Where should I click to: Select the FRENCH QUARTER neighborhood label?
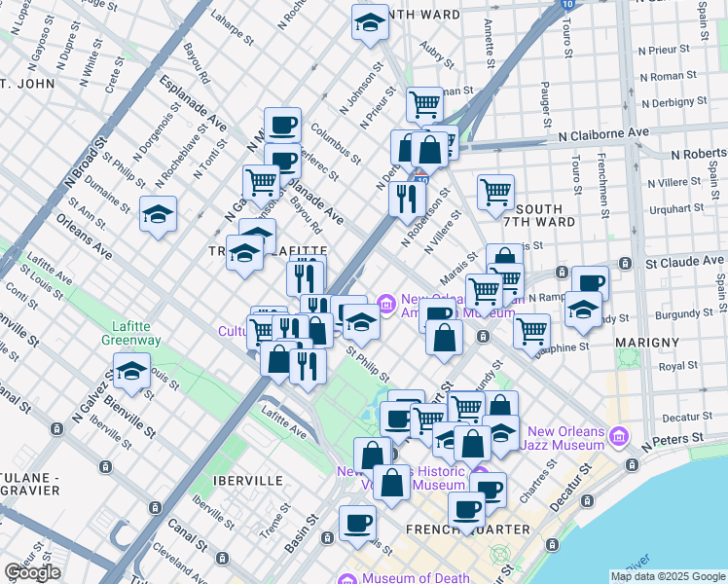[x=484, y=529]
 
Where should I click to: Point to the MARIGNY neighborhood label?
[x=645, y=343]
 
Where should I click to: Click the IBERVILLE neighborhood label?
[x=250, y=481]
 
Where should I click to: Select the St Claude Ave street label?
[x=685, y=261]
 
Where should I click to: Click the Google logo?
[x=32, y=572]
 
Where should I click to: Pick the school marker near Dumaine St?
[x=158, y=213]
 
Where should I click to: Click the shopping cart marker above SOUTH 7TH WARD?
[x=495, y=192]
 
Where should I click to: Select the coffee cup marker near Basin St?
[x=357, y=523]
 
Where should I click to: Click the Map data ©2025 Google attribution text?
[x=668, y=576]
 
